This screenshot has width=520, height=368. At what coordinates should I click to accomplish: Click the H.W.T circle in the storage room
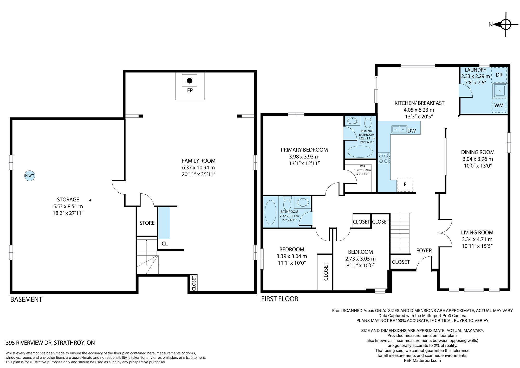(30, 176)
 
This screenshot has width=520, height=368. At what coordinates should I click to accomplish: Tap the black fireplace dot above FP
(190, 81)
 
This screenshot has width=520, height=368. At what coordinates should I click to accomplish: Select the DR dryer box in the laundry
(499, 75)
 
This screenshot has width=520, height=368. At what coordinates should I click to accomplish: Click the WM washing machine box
(499, 105)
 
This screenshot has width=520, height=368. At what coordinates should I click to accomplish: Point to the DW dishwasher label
(412, 131)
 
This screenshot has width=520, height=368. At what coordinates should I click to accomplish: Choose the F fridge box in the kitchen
(405, 185)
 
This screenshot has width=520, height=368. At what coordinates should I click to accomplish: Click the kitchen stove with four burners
(384, 158)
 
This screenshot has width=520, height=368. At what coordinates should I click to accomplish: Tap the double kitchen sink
(399, 129)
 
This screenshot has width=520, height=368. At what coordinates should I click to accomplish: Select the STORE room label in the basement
(147, 223)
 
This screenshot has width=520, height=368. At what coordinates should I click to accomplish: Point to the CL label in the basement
(165, 244)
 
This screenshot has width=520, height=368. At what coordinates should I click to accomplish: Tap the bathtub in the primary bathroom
(360, 151)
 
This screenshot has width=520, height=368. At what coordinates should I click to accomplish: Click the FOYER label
(424, 250)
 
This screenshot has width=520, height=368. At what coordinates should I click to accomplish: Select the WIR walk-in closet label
(362, 166)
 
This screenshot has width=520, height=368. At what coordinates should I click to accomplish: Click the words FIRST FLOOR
(279, 299)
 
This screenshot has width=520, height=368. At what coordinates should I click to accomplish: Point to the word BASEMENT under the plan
(26, 299)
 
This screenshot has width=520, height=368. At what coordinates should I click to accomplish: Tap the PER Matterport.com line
(422, 360)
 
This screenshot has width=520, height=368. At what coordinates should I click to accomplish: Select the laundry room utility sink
(499, 91)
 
